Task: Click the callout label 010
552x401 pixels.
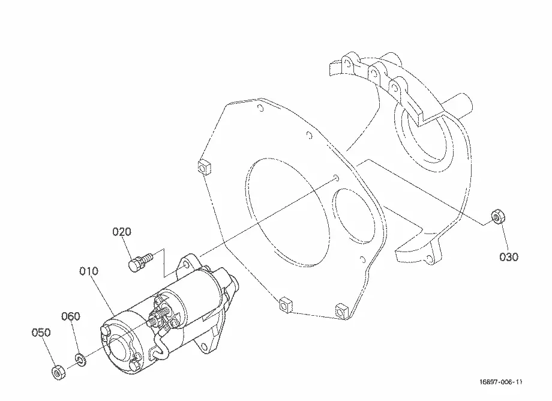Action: pos(89,271)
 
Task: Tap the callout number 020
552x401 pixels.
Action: pos(122,232)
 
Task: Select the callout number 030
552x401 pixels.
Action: pos(509,257)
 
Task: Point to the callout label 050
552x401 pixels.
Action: pos(41,333)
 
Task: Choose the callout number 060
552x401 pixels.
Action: pos(71,316)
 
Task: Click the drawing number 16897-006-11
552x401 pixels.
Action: pos(500,382)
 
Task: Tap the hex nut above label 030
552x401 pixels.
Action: pos(497,216)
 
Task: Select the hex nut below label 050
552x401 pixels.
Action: pos(58,372)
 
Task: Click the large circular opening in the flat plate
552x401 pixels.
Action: pos(287,211)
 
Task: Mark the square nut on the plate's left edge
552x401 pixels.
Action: pos(204,167)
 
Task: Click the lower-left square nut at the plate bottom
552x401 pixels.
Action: pos(285,304)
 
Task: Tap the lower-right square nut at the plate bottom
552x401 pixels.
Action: pos(340,310)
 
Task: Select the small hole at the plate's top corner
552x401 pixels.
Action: pos(260,108)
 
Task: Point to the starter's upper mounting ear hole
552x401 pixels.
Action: pos(186,264)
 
